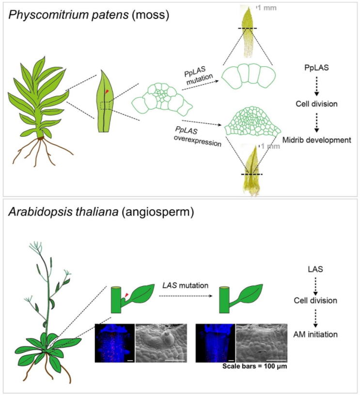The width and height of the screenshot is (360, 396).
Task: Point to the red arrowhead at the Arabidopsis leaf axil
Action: [x=126, y=295]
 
